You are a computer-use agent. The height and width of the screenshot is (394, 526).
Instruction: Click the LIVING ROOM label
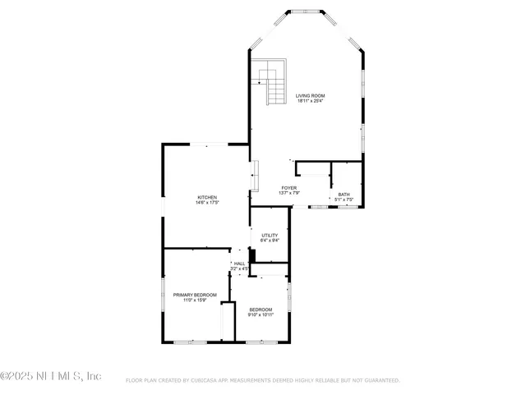(x=311, y=96)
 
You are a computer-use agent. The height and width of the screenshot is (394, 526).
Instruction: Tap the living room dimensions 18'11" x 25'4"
(x=311, y=102)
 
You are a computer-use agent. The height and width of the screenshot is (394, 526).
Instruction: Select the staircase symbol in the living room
(x=269, y=82)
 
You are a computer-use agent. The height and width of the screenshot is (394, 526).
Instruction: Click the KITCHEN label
(x=207, y=197)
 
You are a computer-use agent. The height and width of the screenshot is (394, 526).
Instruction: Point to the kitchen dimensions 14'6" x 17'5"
(x=207, y=203)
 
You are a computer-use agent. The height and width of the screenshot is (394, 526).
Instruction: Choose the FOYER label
(x=288, y=188)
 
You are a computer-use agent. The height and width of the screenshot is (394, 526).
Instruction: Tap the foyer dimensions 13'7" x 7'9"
(x=288, y=194)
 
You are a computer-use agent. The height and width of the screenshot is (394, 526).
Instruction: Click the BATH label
(x=344, y=195)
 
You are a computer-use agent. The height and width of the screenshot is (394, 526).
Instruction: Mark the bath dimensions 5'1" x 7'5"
(x=344, y=200)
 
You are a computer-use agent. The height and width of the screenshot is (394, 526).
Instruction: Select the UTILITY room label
(x=270, y=236)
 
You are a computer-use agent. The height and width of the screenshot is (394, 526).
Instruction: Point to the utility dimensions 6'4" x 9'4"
(x=270, y=241)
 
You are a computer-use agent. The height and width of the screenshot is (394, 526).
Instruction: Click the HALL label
(x=239, y=263)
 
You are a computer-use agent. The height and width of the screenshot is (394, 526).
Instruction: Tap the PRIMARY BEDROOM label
(x=195, y=295)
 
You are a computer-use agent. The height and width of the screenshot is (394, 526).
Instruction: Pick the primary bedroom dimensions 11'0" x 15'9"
(x=195, y=300)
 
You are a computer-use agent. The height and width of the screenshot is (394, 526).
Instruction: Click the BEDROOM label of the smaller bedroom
(x=261, y=309)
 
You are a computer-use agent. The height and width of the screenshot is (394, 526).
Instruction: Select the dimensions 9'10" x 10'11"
(x=261, y=315)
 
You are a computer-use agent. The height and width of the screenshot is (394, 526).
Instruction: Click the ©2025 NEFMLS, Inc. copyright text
(x=51, y=376)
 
